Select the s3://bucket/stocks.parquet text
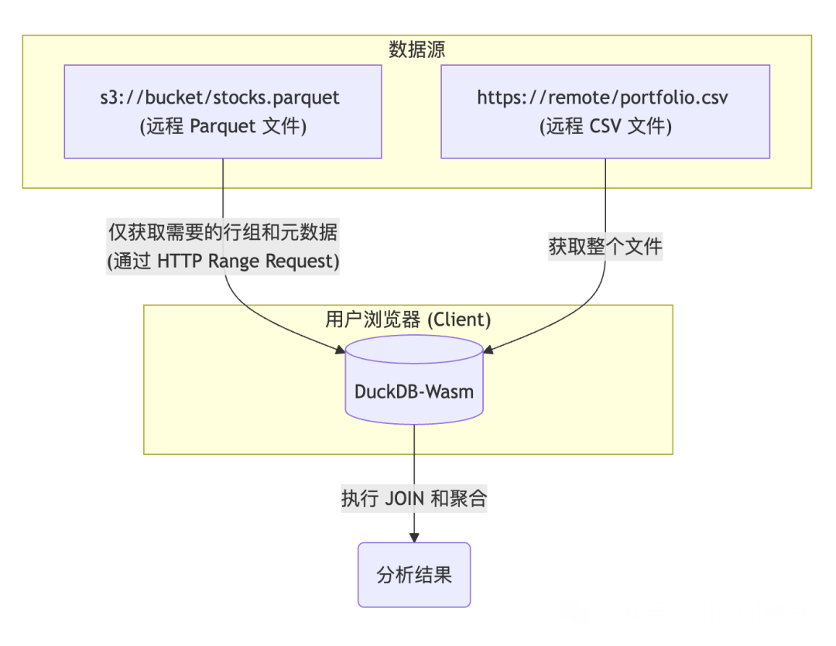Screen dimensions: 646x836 pos(223,97)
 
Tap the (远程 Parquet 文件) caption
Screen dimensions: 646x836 pos(223,126)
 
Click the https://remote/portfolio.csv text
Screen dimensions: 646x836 pos(605,97)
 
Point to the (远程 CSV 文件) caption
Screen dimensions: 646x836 pos(605,126)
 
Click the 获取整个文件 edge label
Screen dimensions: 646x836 pos(605,247)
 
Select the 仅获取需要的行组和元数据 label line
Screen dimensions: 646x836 pos(223,231)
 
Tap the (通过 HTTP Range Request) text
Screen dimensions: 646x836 pos(223,261)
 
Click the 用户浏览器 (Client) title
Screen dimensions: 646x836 pos(408,319)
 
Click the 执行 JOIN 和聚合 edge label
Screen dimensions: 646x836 pos(414,498)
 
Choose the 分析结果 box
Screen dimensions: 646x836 pos(414,575)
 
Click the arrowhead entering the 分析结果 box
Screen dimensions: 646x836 pos(414,538)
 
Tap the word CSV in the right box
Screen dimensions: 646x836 pos(605,126)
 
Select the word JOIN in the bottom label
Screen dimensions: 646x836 pos(405,498)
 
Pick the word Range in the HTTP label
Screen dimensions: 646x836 pos(235,261)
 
